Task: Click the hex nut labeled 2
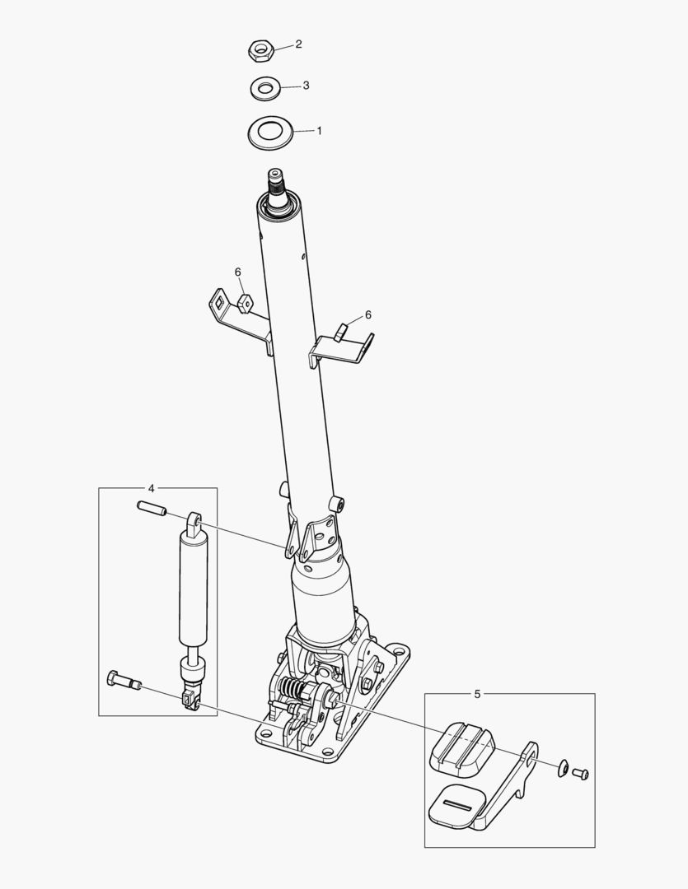261,50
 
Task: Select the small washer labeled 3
264,88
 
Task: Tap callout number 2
298,44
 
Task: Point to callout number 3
306,86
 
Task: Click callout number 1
319,131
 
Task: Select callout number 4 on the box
151,488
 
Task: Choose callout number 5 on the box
477,694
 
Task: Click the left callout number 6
238,272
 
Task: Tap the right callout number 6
367,314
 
